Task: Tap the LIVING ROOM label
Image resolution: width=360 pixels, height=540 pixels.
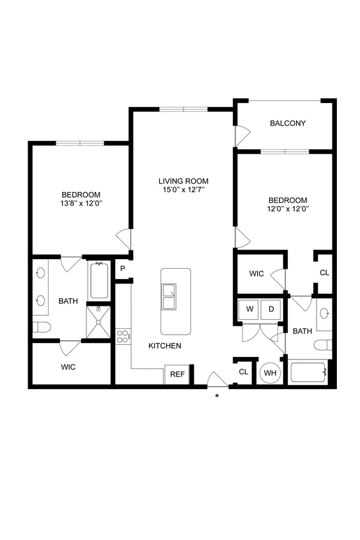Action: pyautogui.click(x=184, y=181)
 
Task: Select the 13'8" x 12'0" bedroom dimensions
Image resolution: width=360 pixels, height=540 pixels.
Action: pyautogui.click(x=81, y=203)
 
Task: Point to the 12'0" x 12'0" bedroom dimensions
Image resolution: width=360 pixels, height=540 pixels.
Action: pyautogui.click(x=287, y=209)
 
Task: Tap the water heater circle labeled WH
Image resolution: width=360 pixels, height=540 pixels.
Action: pyautogui.click(x=270, y=372)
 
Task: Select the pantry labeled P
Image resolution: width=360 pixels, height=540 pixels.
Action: pyautogui.click(x=122, y=269)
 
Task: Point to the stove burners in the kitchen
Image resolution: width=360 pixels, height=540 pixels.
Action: pyautogui.click(x=123, y=336)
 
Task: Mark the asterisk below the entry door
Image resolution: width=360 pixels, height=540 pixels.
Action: pyautogui.click(x=217, y=396)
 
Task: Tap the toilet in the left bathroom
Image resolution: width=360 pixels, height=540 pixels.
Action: pyautogui.click(x=42, y=328)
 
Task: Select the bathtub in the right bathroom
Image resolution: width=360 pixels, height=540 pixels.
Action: pyautogui.click(x=309, y=372)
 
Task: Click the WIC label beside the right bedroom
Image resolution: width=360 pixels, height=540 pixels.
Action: pyautogui.click(x=256, y=274)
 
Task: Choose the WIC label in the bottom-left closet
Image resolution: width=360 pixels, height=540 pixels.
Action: pyautogui.click(x=68, y=368)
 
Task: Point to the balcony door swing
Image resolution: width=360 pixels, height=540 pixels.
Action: pyautogui.click(x=242, y=135)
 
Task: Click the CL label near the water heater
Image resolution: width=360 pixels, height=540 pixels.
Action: pyautogui.click(x=243, y=372)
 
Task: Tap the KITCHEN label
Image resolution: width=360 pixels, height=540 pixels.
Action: pyautogui.click(x=165, y=345)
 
